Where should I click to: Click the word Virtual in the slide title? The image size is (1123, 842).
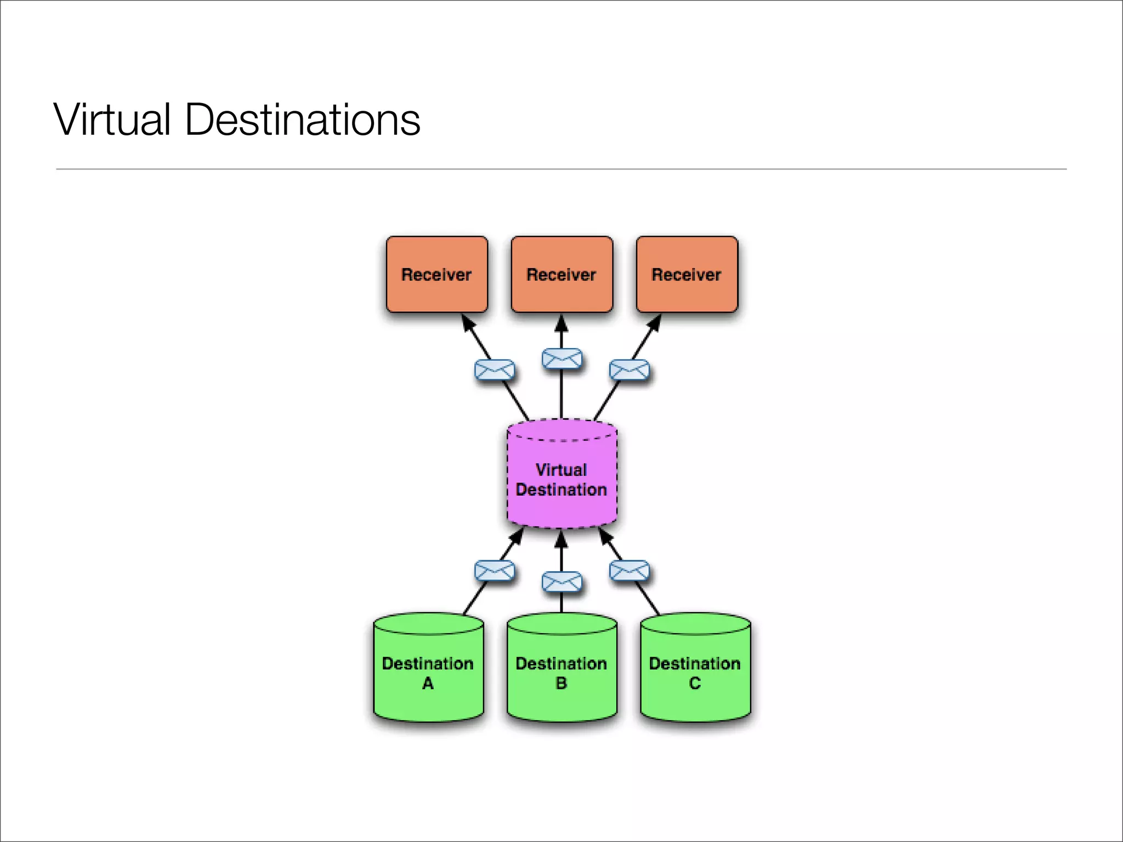point(112,120)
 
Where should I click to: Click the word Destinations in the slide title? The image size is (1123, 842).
point(302,120)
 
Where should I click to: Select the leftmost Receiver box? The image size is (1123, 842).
point(436,274)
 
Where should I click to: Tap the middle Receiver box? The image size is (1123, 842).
point(561,274)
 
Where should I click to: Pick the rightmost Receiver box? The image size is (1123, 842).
point(687,274)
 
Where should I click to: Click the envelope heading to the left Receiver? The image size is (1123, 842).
point(494,370)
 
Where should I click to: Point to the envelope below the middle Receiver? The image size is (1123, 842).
point(561,359)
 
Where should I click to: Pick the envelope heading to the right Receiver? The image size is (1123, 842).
point(629,370)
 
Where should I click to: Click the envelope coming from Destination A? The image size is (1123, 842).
point(494,571)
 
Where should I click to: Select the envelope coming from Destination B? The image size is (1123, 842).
point(561,582)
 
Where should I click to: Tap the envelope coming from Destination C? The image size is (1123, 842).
point(629,571)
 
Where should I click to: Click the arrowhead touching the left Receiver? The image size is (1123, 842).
point(467,322)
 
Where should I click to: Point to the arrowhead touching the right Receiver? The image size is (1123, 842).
point(655,322)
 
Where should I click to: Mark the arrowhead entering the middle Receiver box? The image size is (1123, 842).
point(561,323)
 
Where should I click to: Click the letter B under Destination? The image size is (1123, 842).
point(561,683)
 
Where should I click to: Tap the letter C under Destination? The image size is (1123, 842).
point(695,683)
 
